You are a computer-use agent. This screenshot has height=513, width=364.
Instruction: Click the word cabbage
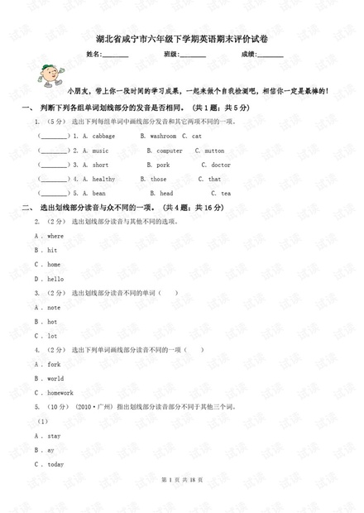(x=103, y=136)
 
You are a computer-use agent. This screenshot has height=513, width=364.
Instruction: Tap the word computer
(x=170, y=151)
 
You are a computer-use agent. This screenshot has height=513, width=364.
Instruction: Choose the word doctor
(x=221, y=165)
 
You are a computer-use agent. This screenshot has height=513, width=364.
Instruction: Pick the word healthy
(x=103, y=179)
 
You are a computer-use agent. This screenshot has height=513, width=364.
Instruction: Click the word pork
(x=163, y=165)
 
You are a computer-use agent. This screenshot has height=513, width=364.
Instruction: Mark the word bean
(x=98, y=193)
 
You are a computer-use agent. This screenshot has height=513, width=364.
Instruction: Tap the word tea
(x=226, y=193)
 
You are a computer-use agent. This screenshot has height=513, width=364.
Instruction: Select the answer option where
(x=55, y=236)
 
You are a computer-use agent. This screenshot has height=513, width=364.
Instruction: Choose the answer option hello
(x=55, y=279)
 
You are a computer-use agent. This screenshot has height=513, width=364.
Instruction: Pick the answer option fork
(x=54, y=364)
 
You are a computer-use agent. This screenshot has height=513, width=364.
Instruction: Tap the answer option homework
(x=60, y=392)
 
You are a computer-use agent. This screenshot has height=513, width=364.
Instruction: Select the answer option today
(x=55, y=464)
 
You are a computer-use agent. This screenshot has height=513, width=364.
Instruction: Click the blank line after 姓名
(x=115, y=56)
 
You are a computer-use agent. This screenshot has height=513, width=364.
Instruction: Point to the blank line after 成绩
(x=271, y=56)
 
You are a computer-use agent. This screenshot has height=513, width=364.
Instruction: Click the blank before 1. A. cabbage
(x=55, y=137)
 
